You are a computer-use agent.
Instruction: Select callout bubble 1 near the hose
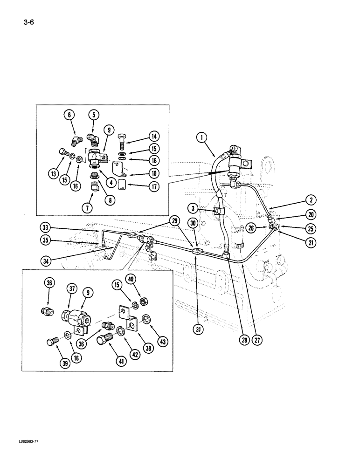[x=201, y=137]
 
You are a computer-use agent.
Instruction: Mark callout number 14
[x=153, y=137]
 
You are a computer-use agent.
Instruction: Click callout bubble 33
[x=44, y=228]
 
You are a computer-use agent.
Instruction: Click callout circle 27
[x=258, y=340]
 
